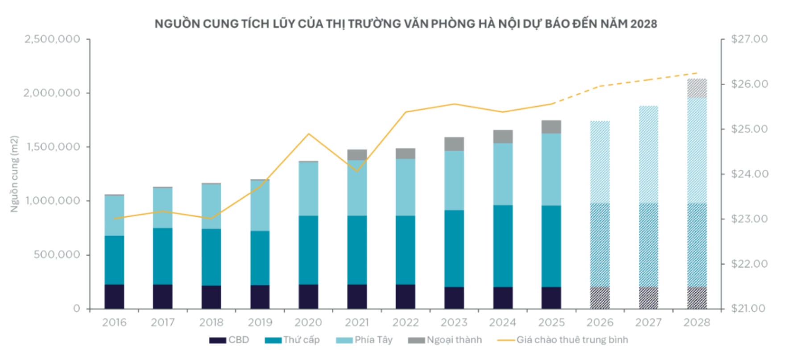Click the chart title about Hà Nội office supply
pos(406,24)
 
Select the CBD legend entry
pos(229,340)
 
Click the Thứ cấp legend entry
pos(292,340)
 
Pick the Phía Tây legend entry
pos(364,340)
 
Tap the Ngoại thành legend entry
pos(445,340)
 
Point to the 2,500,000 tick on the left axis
pos(52,39)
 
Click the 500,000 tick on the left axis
pos(57,255)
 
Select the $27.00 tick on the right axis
pos(749,39)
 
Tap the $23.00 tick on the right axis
pos(749,219)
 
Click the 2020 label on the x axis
pos(308,323)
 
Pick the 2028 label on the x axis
pos(696,323)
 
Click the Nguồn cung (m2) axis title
pos(15,174)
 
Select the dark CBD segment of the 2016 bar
pos(114,297)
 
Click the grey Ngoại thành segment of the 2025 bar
pos(551,127)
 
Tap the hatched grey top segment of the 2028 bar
pos(696,88)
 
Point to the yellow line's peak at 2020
pos(308,134)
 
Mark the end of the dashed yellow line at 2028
pos(697,73)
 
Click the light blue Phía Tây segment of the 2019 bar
pos(260,205)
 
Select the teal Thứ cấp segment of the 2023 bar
pos(454,248)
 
